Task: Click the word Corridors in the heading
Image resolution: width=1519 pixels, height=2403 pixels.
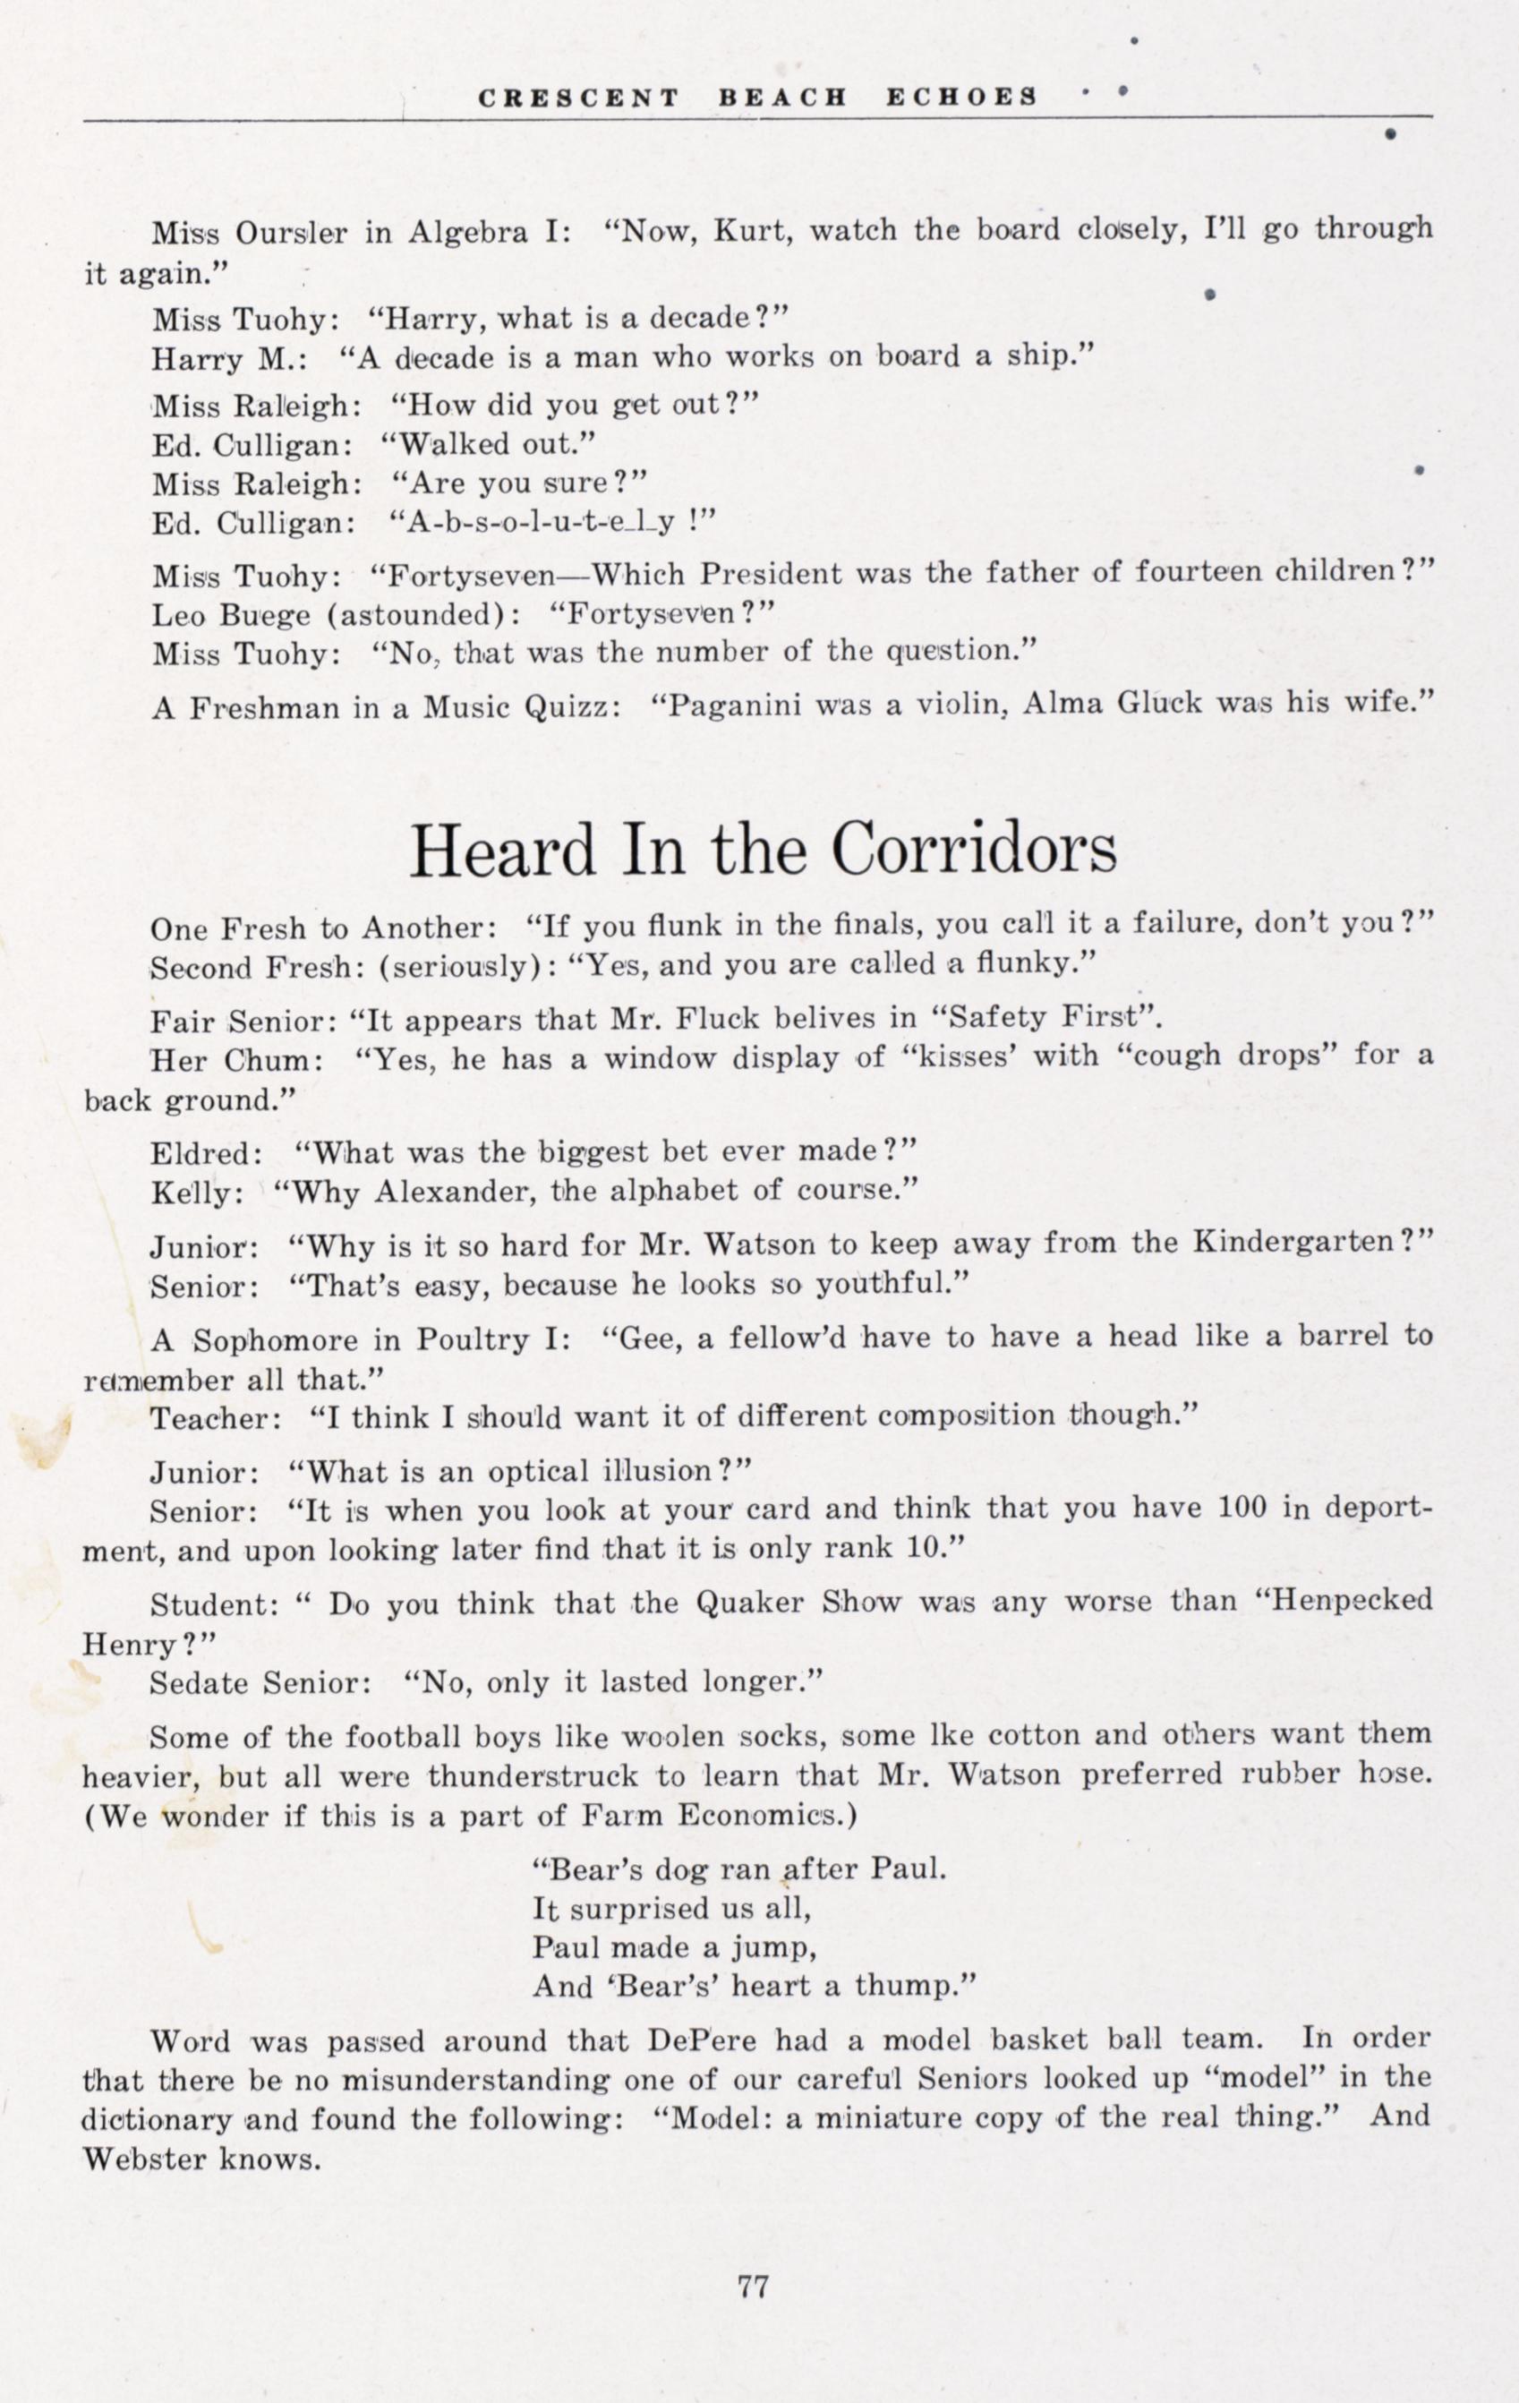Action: (973, 850)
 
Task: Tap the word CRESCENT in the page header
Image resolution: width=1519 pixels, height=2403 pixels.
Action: (579, 98)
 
